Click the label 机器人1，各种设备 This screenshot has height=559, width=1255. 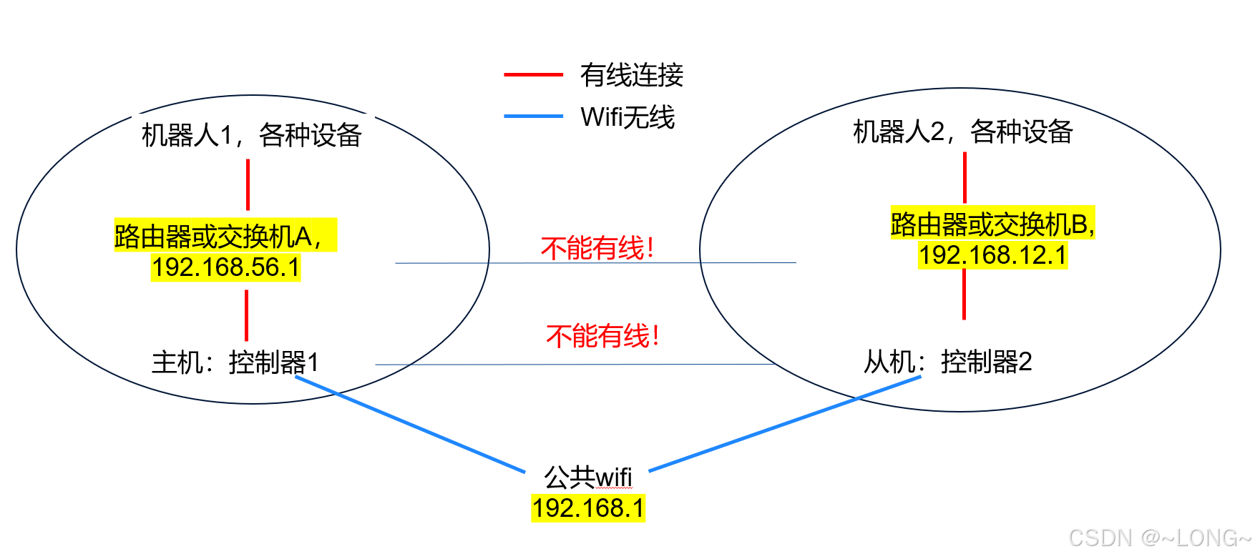tap(251, 134)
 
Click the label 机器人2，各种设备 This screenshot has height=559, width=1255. tap(962, 132)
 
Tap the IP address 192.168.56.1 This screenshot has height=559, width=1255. tap(225, 267)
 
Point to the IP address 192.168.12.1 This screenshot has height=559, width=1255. tap(992, 255)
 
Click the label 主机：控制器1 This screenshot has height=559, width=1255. tap(235, 362)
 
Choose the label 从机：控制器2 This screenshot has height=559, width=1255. tap(947, 362)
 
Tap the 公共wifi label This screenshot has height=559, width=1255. tap(587, 476)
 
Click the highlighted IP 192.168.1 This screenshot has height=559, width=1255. tap(587, 508)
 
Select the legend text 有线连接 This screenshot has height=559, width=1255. tap(631, 75)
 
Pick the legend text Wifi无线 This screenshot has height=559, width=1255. tap(627, 117)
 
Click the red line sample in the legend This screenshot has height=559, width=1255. tap(533, 74)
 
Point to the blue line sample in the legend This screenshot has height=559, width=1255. tap(533, 116)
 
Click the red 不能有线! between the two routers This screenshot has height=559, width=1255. tap(597, 248)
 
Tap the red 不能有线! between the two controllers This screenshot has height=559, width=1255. tap(602, 335)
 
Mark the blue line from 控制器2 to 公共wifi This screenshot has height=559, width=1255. tap(784, 424)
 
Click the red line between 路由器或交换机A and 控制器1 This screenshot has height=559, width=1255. tap(247, 315)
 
